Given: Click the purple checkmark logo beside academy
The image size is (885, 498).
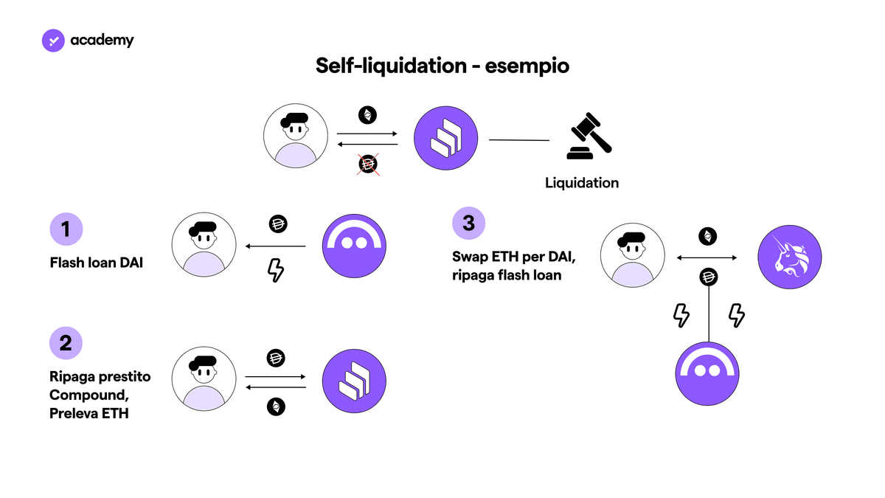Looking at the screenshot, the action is [x=53, y=41].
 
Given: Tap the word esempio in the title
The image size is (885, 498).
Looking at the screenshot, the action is [x=527, y=66].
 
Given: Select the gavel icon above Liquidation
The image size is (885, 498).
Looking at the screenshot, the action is [x=589, y=136].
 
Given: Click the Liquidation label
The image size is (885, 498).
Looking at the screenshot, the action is [x=582, y=183].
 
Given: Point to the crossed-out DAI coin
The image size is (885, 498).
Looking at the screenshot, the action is [x=368, y=164].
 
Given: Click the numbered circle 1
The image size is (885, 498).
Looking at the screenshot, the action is [x=66, y=229].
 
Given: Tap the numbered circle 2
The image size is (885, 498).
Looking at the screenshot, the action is [x=66, y=342].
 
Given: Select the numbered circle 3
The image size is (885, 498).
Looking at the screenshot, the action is [x=468, y=223].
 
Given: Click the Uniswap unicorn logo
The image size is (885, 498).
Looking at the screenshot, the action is [x=789, y=257].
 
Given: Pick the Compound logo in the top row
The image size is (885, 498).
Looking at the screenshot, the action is [x=445, y=138].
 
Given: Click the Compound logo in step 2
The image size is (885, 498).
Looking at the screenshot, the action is [x=354, y=381].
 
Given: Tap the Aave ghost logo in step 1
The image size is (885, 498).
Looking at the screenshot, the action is [x=354, y=246].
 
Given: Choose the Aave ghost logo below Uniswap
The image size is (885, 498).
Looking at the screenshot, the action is [x=707, y=373].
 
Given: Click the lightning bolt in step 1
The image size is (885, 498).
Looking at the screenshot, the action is [x=276, y=270].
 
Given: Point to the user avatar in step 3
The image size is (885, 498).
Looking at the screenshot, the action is [x=633, y=255].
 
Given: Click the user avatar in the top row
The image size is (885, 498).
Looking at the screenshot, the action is [x=296, y=136].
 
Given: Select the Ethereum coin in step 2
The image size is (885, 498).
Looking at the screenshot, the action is [x=276, y=407].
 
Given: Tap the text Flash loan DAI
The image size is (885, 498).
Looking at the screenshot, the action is [x=97, y=263].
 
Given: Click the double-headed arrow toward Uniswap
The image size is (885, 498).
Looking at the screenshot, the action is [x=707, y=257].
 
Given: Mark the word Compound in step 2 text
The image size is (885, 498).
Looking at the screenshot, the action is [x=89, y=395].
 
